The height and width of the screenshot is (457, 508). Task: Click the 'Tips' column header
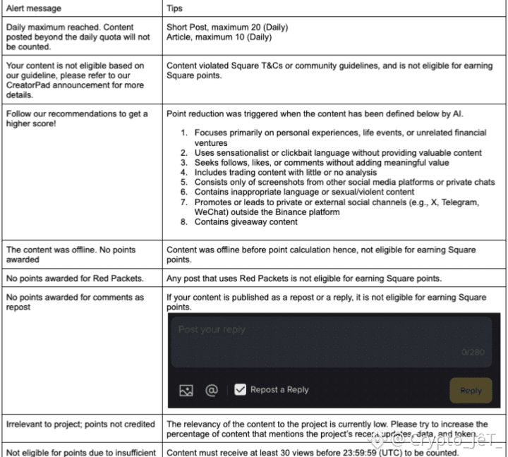coord(174,8)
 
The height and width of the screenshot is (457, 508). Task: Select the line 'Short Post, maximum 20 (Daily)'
coord(226,28)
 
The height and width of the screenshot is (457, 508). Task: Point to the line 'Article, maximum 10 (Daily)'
coord(219,37)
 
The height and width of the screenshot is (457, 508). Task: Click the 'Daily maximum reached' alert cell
coord(78,37)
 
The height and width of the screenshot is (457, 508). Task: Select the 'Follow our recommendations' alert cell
coord(77,119)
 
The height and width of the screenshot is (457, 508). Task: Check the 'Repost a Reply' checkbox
coord(240,389)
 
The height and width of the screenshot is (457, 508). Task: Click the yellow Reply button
coord(471,390)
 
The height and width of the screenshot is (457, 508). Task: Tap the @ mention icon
coord(211,389)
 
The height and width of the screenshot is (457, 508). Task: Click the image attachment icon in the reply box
coord(186,390)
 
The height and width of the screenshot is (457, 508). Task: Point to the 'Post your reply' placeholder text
coord(212,329)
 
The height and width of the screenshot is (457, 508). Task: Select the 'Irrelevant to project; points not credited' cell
coord(80,425)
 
